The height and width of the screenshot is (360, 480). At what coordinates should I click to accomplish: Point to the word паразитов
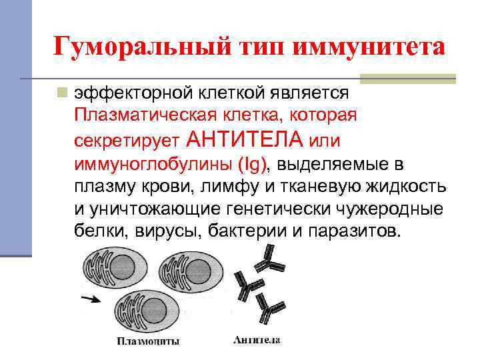pos(356,233)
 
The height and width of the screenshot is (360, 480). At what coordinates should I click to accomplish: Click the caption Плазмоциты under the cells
pos(148,342)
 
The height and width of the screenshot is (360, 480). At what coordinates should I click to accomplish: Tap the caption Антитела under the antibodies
pos(257,341)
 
